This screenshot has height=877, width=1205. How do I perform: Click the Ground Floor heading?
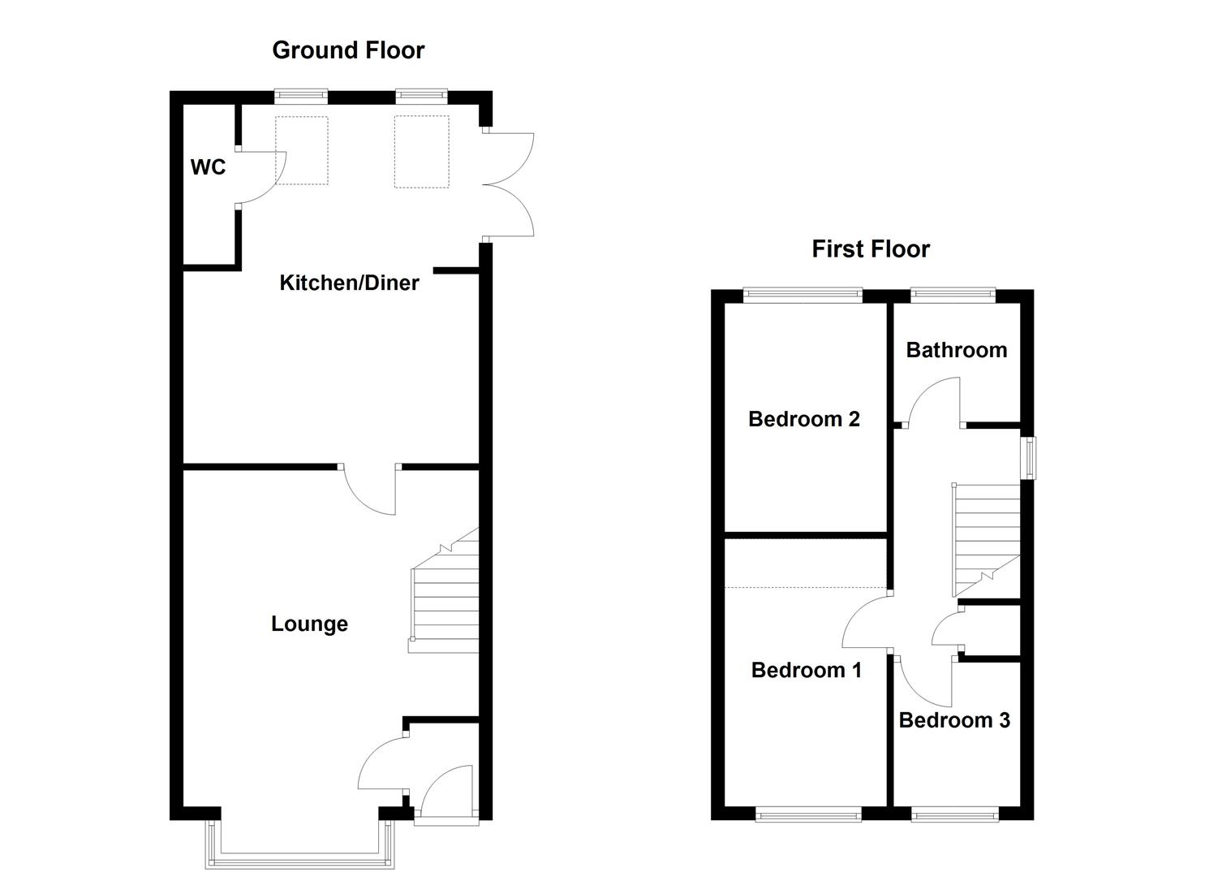point(348,50)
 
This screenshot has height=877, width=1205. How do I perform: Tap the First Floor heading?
point(870,248)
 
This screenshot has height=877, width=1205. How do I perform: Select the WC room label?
point(208,167)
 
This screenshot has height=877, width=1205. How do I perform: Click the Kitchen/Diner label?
point(349,283)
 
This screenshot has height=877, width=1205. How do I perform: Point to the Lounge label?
point(309,624)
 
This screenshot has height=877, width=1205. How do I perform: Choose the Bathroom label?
point(956,350)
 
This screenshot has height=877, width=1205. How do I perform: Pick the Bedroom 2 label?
point(803,419)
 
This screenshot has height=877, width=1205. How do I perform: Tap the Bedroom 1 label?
point(806,670)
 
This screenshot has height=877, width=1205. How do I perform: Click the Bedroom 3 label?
point(954,720)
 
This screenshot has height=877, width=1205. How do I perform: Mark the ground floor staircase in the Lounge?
point(445,601)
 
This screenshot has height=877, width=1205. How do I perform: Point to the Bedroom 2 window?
point(803,296)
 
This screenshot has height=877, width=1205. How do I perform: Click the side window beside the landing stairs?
point(1028,458)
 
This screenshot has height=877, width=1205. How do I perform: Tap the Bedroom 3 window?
point(954,814)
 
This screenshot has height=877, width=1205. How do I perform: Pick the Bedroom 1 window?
point(807,814)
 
